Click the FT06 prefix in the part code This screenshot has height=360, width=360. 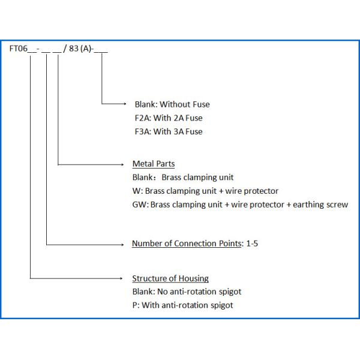18,50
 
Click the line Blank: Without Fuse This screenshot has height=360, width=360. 172,104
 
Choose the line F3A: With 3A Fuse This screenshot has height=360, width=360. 169,131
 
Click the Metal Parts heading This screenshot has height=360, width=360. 154,164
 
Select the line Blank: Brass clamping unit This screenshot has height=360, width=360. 182,178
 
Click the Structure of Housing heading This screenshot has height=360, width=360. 170,278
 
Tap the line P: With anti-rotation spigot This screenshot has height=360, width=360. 182,305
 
